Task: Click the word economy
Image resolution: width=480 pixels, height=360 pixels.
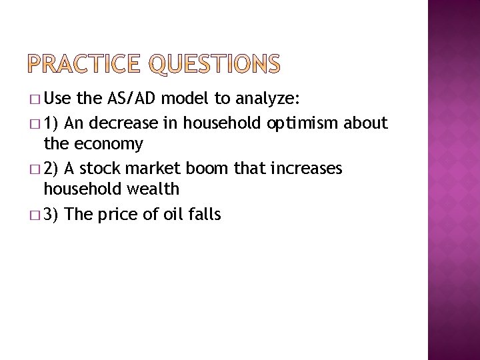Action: point(109,144)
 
